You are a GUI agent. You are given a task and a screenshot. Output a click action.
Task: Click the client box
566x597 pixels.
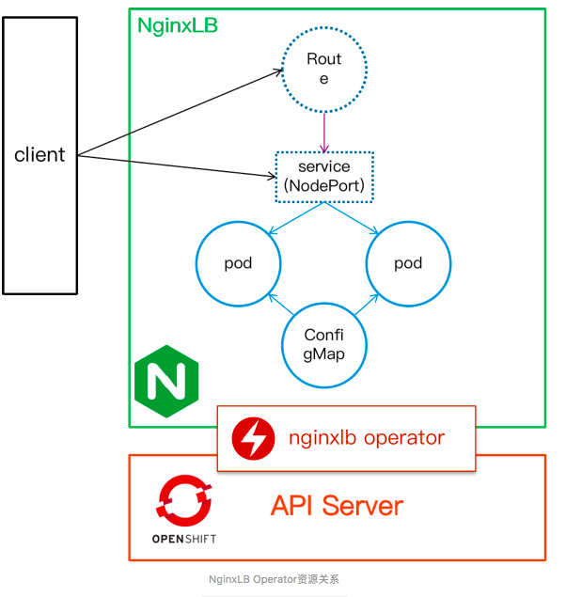point(39,154)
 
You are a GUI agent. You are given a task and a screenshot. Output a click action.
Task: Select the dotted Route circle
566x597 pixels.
point(324,69)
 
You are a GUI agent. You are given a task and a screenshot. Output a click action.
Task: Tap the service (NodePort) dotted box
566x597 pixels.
point(324,176)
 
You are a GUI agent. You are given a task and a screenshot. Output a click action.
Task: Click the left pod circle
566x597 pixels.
point(238,263)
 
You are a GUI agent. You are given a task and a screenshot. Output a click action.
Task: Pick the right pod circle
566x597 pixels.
point(408,263)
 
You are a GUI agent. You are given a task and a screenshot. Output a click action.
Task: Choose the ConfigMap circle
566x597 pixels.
point(323,345)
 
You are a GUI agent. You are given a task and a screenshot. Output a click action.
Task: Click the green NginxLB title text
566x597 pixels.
point(178,26)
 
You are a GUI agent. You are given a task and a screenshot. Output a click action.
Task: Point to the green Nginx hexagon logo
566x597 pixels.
point(167,382)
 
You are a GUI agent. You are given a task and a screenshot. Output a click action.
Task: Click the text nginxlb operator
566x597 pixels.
point(366,437)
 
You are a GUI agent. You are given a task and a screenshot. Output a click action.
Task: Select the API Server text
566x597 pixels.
point(337,506)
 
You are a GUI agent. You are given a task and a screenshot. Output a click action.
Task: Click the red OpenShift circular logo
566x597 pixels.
point(183,499)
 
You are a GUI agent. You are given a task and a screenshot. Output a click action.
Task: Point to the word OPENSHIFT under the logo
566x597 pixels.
point(183,539)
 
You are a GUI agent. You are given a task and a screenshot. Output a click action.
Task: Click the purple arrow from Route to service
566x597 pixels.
point(324,132)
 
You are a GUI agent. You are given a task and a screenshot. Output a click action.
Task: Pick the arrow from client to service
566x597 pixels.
point(179,165)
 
